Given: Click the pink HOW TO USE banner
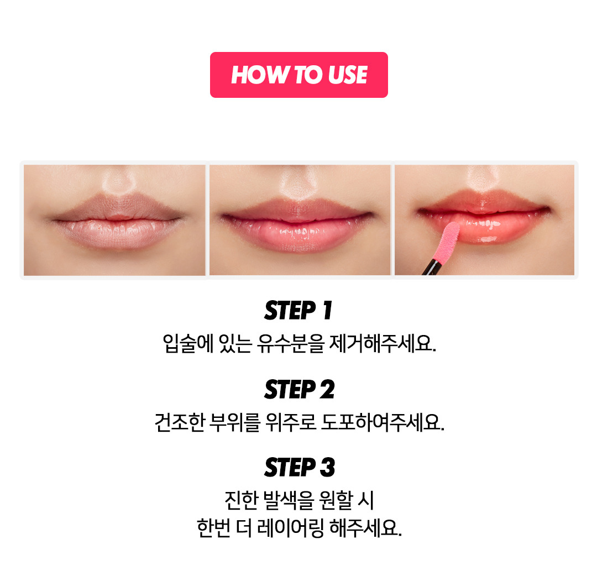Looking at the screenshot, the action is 299,75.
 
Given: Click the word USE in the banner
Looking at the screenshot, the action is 347,75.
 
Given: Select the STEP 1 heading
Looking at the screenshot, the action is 298,310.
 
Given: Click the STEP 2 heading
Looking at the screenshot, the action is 299,389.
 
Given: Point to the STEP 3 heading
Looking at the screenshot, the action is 299,467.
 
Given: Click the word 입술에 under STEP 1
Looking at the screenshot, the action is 188,343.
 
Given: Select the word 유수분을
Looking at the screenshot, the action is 291,343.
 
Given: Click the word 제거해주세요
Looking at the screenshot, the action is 383,343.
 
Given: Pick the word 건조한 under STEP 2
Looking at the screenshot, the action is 180,422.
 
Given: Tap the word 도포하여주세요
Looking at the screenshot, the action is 383,422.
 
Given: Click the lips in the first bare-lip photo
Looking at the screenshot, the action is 116,222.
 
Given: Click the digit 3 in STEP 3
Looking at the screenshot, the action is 327,467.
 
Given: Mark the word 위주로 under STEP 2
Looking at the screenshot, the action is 291,422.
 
